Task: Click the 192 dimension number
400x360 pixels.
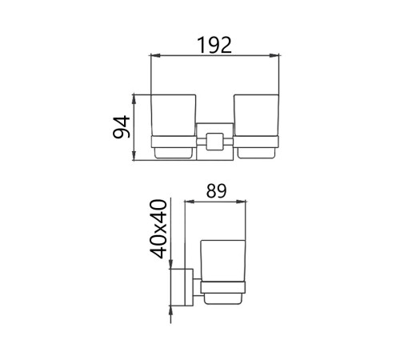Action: click(x=214, y=46)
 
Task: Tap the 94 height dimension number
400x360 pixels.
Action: click(x=122, y=127)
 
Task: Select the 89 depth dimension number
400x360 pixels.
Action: click(x=216, y=191)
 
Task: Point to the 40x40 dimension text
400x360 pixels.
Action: click(x=158, y=229)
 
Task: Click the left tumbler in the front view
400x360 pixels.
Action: click(x=174, y=115)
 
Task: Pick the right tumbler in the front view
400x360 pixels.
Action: click(x=256, y=115)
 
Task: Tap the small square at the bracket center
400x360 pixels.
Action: click(x=215, y=142)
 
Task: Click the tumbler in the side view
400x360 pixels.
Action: click(x=222, y=261)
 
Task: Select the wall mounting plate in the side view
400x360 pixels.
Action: click(x=189, y=287)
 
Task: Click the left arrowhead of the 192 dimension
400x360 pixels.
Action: click(x=155, y=55)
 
